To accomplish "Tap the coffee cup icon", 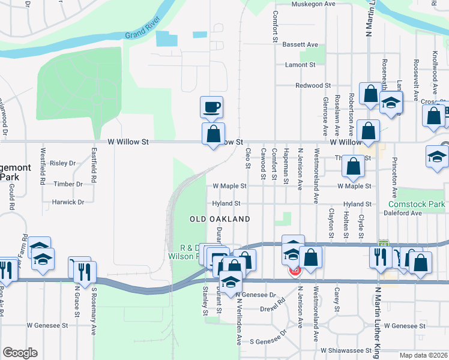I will coord(212,108).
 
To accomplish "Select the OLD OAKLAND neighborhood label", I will coord(220,220).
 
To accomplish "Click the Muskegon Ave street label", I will coord(313,4).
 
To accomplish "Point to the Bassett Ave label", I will coord(300,45).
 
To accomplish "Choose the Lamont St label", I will coord(301,65).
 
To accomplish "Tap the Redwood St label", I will coord(313,86).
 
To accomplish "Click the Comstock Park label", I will coord(420,205).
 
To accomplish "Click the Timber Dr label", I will coord(68,184).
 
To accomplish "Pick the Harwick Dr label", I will coord(68,202).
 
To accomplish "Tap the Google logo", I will coord(20,353).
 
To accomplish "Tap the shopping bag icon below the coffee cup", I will coord(213,135).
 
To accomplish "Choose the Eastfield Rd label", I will coord(94,165).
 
